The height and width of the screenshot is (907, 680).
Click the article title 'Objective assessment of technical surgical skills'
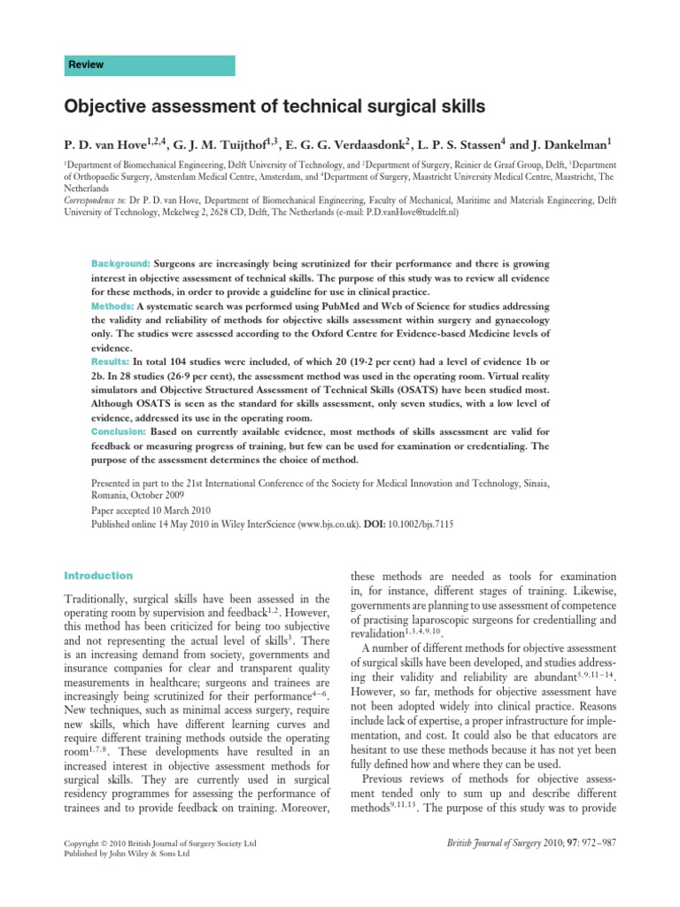point(275,107)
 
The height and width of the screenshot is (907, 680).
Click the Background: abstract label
point(121,264)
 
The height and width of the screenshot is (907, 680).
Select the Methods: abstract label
point(113,305)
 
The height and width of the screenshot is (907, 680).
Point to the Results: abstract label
point(111,363)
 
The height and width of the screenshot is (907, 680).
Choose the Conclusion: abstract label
point(119,430)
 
